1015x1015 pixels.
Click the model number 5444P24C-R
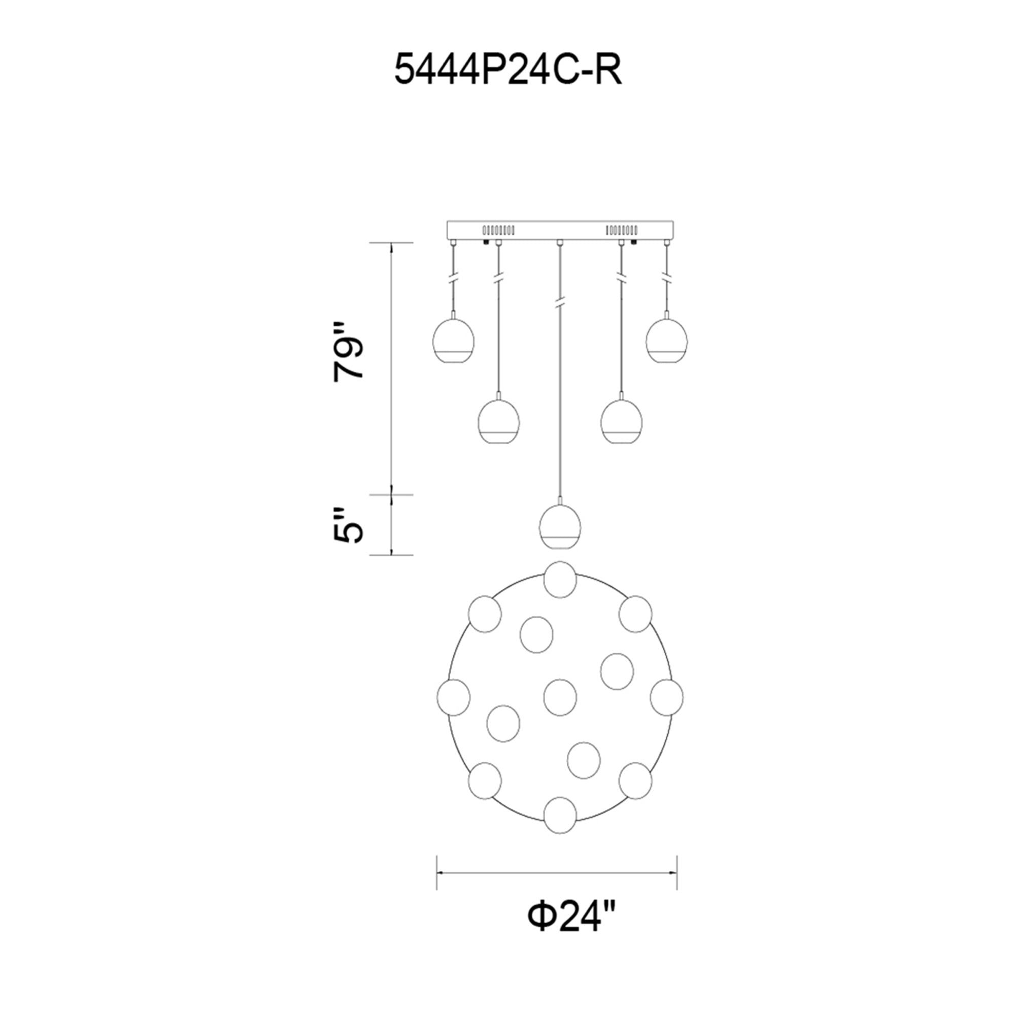pos(508,71)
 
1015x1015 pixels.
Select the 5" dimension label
pos(349,525)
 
